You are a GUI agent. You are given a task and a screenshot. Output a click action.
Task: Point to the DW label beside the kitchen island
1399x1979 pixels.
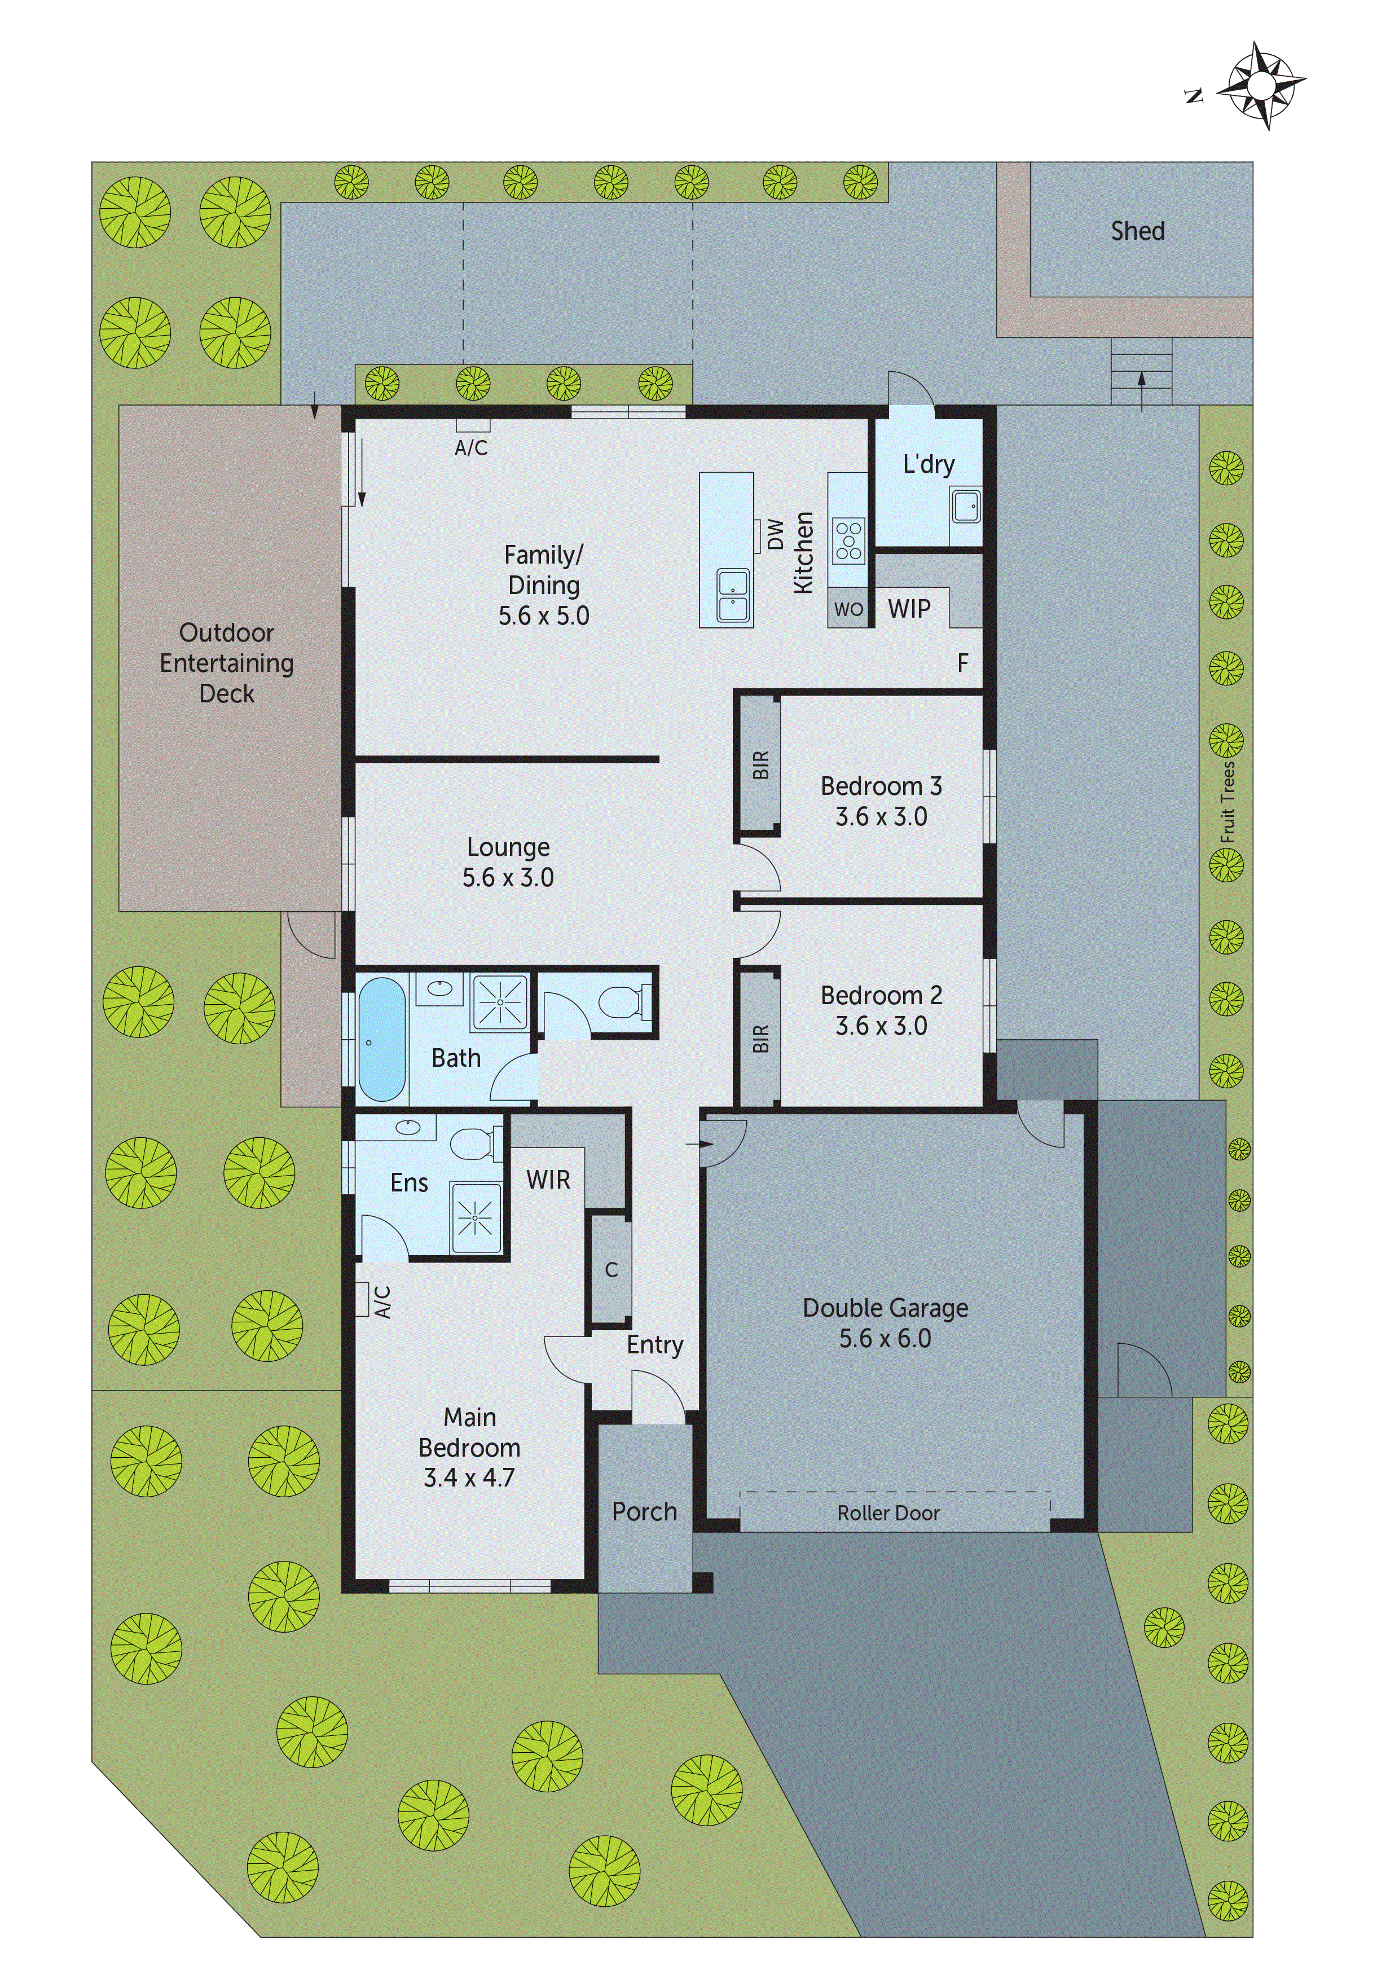pyautogui.click(x=776, y=534)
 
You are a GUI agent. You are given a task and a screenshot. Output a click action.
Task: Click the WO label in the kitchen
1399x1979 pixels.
pyautogui.click(x=848, y=609)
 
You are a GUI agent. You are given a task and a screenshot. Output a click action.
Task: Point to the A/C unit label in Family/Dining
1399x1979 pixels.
pyautogui.click(x=470, y=447)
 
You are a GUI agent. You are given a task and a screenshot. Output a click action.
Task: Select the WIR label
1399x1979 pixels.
pyautogui.click(x=548, y=1180)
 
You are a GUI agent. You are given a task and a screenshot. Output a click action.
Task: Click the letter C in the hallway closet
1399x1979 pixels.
pyautogui.click(x=611, y=1270)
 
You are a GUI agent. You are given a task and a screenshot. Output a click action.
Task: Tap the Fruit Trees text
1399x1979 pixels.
pyautogui.click(x=1228, y=802)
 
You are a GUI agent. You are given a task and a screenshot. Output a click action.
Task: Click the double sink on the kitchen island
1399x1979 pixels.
pyautogui.click(x=733, y=596)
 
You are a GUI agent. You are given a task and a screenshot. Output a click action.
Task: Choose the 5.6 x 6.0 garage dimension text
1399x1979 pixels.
pyautogui.click(x=885, y=1339)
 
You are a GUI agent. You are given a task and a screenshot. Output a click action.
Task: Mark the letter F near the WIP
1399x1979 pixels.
pyautogui.click(x=963, y=663)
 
